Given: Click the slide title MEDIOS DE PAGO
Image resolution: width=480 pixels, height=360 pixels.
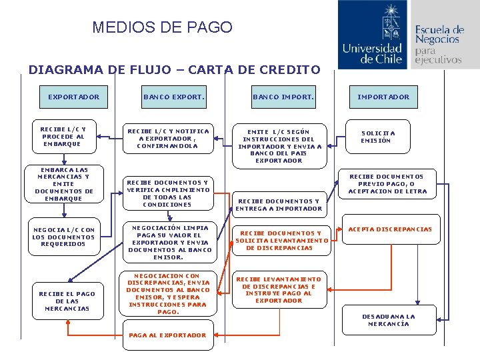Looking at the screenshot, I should click(x=162, y=27).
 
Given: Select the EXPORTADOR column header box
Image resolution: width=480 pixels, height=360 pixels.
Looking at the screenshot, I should click(x=73, y=97).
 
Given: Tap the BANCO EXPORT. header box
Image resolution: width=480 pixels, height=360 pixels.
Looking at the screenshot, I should click(x=173, y=97).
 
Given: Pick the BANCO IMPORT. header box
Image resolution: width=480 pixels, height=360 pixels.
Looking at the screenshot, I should click(x=283, y=97).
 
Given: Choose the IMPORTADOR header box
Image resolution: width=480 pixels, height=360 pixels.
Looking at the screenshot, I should click(x=383, y=97).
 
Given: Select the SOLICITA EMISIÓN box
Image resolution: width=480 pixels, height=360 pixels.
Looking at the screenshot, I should click(x=378, y=137).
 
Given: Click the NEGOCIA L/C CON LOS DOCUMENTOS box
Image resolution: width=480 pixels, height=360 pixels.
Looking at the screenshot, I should click(x=64, y=237).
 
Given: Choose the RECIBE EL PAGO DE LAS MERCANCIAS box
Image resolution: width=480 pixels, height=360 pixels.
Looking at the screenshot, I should click(x=67, y=301).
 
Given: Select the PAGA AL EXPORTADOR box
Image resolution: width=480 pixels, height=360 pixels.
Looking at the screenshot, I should click(x=167, y=335).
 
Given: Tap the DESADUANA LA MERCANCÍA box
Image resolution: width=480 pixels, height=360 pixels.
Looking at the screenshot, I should click(x=389, y=320).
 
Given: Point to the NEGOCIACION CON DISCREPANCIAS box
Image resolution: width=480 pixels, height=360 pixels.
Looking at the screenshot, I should click(x=168, y=293).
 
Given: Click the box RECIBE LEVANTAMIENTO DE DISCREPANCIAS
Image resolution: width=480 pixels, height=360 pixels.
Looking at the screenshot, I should click(x=278, y=290).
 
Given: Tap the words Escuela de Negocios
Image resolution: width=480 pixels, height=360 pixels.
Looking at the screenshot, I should click(x=439, y=35).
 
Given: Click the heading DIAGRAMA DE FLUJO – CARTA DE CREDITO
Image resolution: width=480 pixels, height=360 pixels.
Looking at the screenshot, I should click(x=174, y=69).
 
